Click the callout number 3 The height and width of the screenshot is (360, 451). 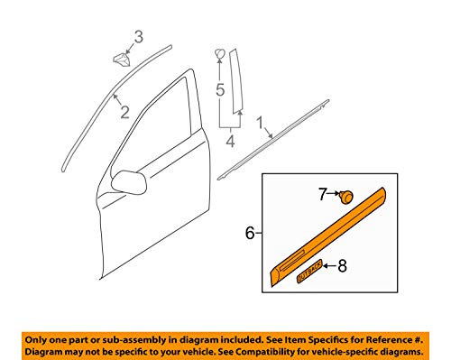click(138, 37)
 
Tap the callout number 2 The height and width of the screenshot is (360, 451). click(124, 112)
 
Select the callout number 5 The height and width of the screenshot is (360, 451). click(220, 89)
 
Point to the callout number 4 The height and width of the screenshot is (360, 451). click(230, 141)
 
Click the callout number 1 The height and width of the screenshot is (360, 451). click(260, 124)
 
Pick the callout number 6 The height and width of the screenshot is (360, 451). click(250, 233)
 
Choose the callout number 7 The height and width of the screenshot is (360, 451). click(323, 194)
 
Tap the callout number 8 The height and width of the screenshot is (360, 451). click(342, 266)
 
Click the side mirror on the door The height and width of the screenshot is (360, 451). click(129, 182)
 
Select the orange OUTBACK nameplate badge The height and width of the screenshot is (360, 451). click(309, 271)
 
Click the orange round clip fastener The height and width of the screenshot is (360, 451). click(345, 197)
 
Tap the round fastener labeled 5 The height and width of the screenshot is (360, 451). click(220, 54)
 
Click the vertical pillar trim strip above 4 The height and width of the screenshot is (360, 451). click(236, 81)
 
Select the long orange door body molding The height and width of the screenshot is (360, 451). click(327, 236)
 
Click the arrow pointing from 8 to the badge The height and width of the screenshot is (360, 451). click(330, 266)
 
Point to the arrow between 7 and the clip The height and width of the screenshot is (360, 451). click(334, 194)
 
